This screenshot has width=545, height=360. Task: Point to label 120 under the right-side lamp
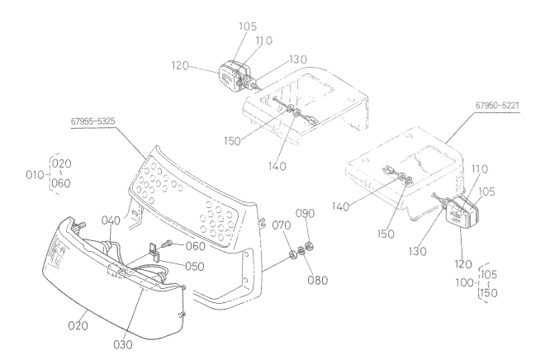pyautogui.click(x=464, y=264)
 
